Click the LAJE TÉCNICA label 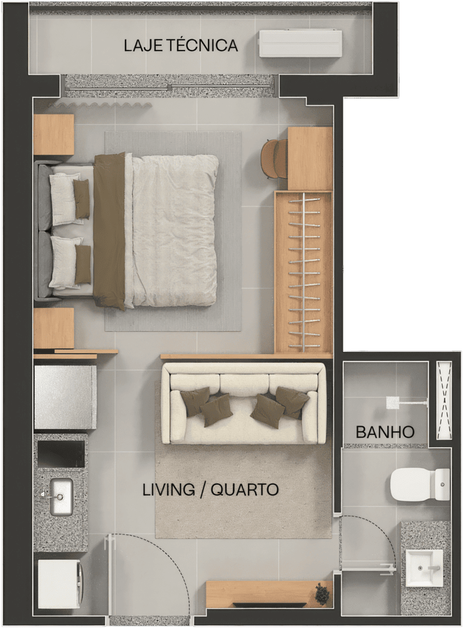point(181,46)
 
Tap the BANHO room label point(385,431)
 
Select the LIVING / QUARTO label point(210,490)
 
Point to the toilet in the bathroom point(420,484)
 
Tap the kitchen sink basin point(61,497)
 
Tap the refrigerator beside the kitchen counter point(65,397)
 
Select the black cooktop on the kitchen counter point(61,454)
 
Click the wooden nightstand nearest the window point(54,134)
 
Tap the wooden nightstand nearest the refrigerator point(54,328)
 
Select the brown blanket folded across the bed point(109,231)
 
